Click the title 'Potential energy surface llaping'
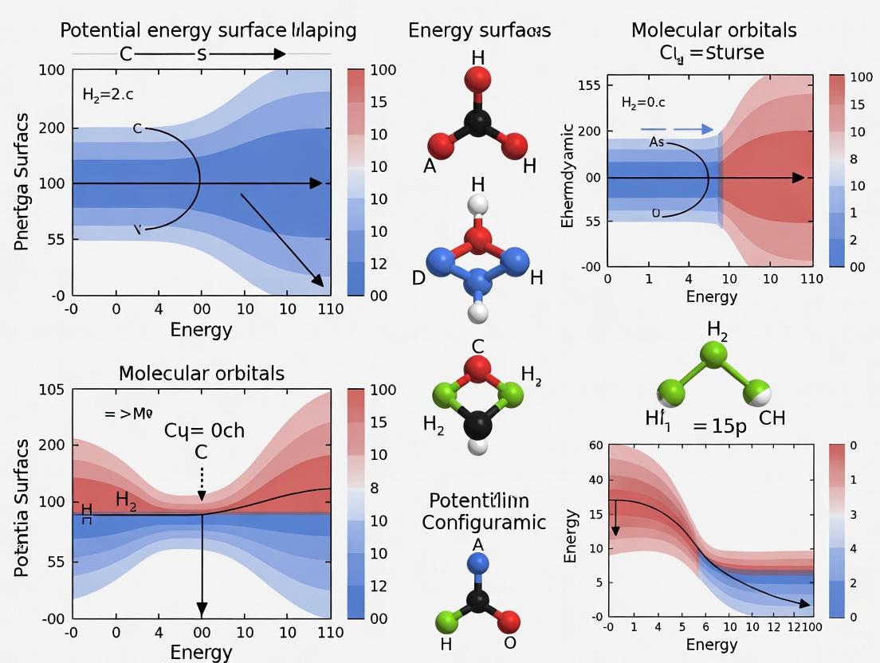[209, 31]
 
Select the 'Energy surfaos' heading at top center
[479, 31]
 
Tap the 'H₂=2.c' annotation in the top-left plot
[108, 95]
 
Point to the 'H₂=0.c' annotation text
[643, 103]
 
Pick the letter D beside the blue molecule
[418, 278]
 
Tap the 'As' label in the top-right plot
[656, 142]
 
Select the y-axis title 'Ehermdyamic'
[568, 175]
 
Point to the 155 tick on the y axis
[587, 84]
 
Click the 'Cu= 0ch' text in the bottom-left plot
[204, 430]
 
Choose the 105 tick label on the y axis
[51, 390]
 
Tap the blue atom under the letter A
[478, 563]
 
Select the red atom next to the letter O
[508, 620]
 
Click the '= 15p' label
[720, 426]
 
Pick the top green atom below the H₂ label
[713, 355]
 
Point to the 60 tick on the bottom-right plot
[596, 445]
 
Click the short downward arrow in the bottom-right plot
[615, 518]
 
